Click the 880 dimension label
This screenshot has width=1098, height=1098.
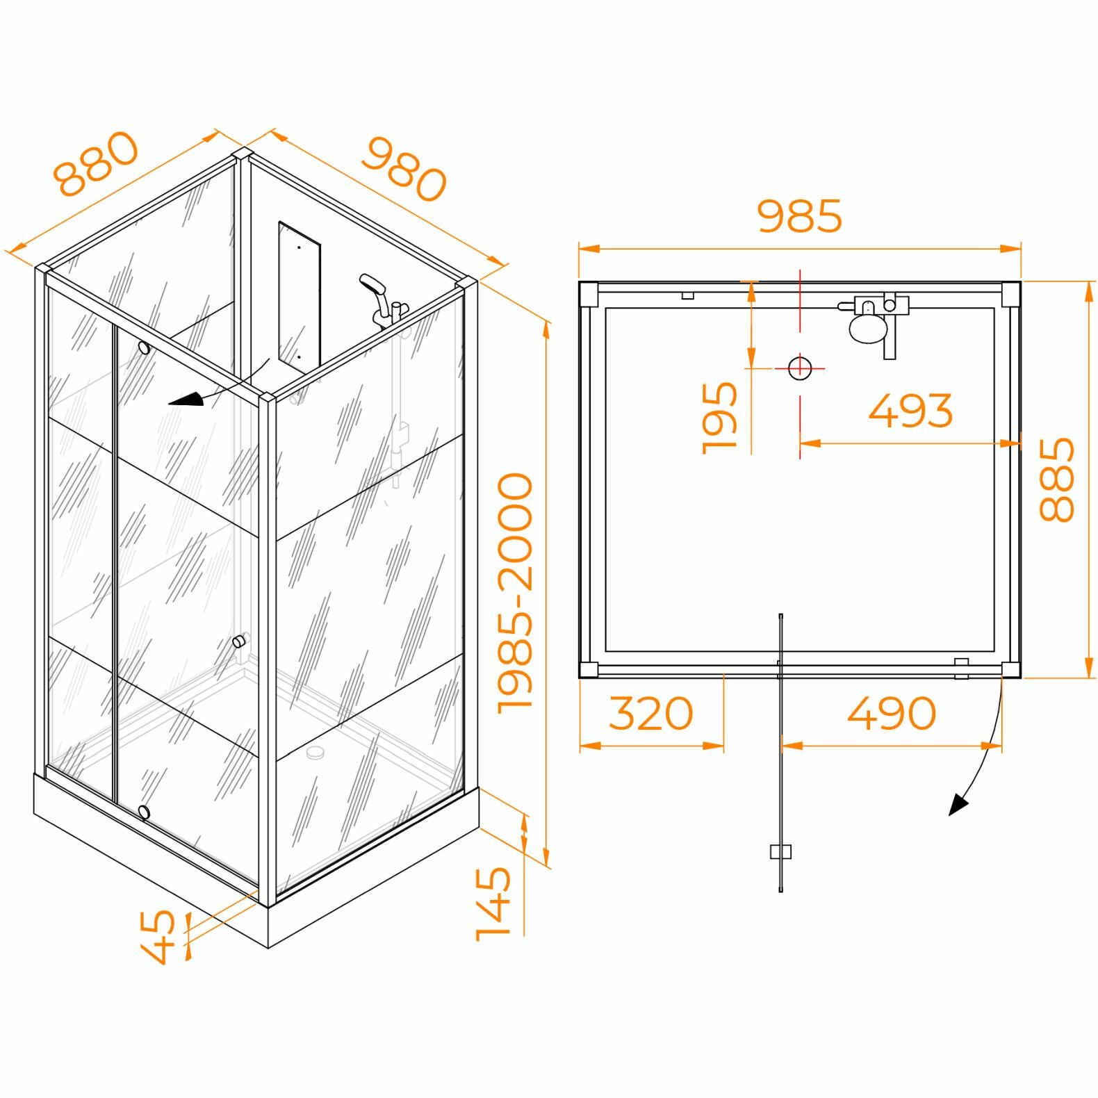(x=97, y=163)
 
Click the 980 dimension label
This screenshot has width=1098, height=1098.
(x=404, y=169)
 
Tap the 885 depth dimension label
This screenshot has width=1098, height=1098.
(x=1056, y=480)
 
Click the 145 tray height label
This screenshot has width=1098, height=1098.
(x=493, y=903)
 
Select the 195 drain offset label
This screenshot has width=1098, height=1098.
(x=719, y=417)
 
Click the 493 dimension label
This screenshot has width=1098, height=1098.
(x=910, y=411)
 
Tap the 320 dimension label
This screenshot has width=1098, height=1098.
(x=651, y=714)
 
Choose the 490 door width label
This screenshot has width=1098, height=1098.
(x=892, y=714)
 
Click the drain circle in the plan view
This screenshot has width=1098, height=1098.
(x=800, y=368)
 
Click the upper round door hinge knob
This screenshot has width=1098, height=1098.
(x=144, y=347)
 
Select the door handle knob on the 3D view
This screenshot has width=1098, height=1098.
(x=238, y=641)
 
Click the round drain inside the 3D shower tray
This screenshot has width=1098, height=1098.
(x=316, y=751)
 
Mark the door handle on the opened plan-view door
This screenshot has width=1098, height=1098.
(x=781, y=851)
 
